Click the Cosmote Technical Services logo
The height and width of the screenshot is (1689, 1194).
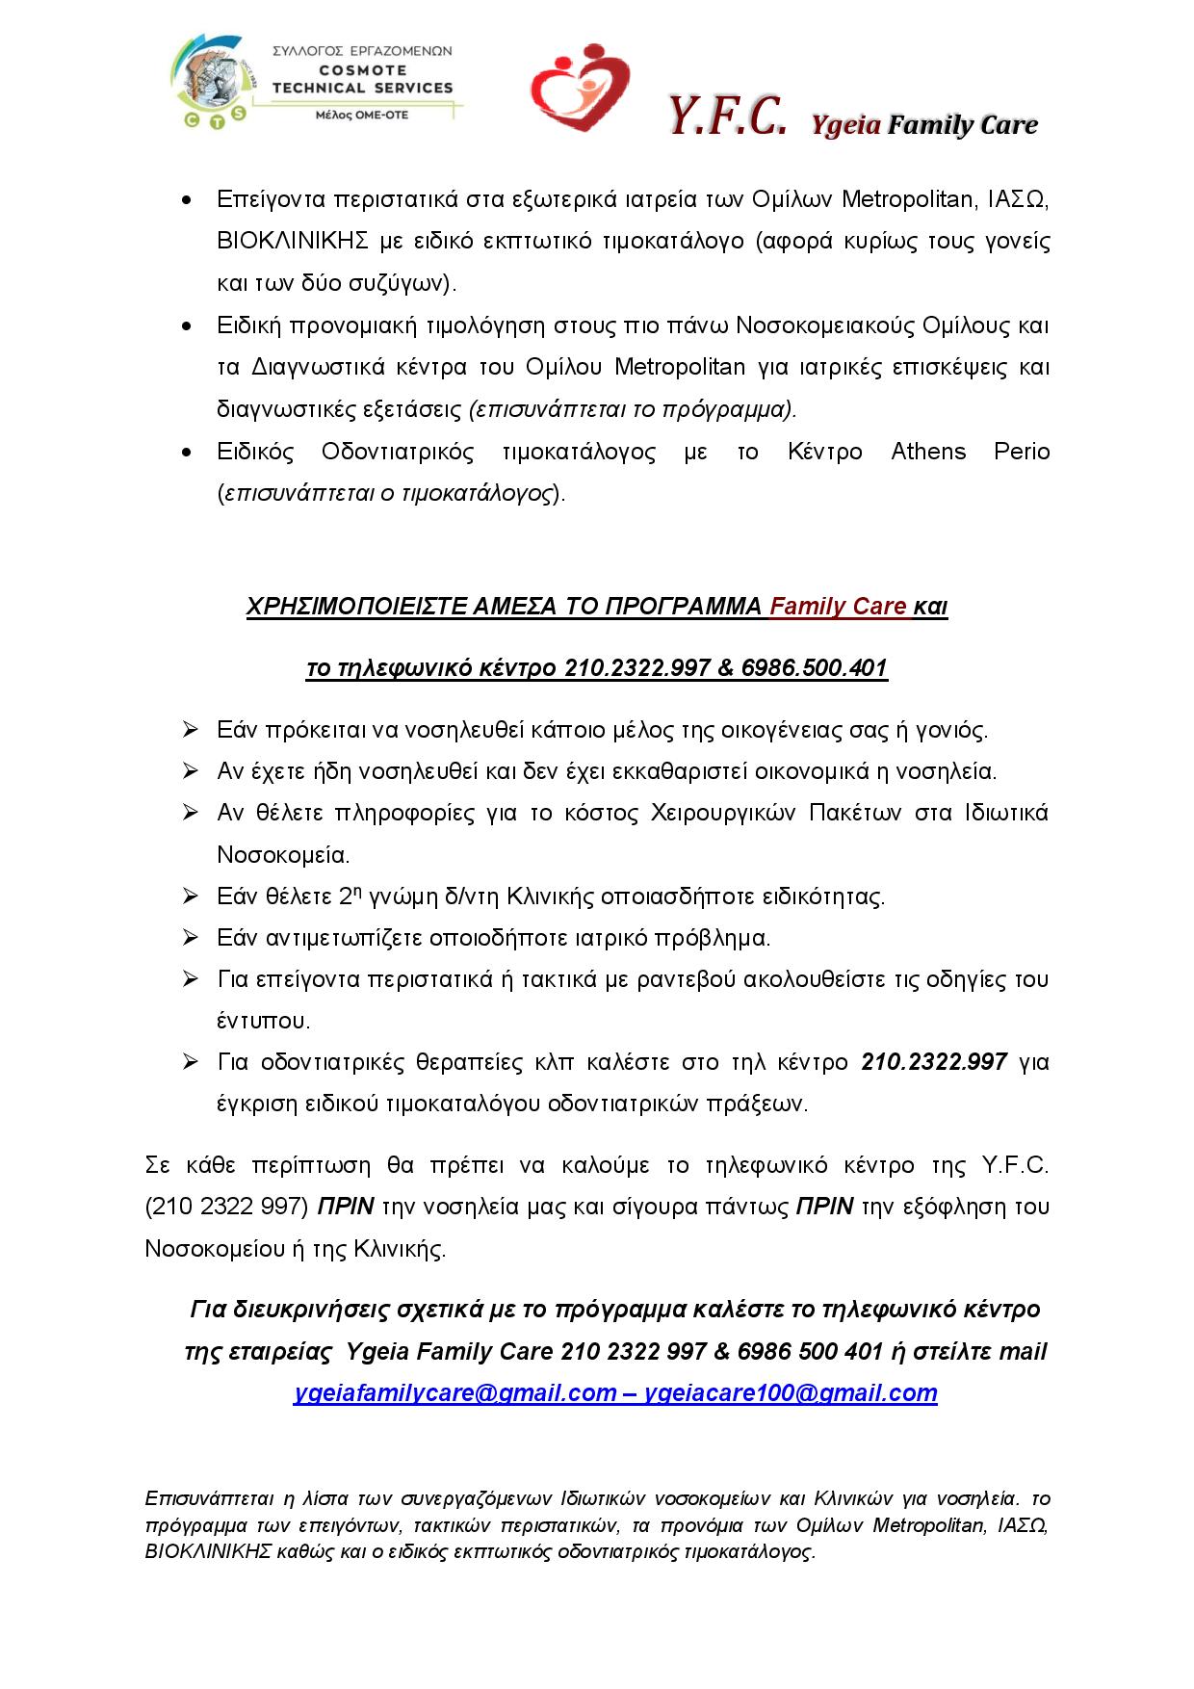pos(312,85)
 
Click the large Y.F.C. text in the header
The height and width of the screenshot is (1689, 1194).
pos(728,119)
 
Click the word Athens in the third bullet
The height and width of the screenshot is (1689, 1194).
pos(928,452)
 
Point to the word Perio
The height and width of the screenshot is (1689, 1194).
pos(1022,452)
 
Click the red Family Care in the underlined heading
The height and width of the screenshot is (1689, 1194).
pos(839,607)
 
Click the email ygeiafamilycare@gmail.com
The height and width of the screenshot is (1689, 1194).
pos(454,1393)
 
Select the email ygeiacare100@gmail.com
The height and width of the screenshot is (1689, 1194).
pos(791,1393)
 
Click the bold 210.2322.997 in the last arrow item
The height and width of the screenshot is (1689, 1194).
pos(934,1062)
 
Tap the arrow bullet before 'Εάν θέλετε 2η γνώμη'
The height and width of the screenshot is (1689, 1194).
pos(190,896)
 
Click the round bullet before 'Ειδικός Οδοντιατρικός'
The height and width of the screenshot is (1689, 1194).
pos(187,453)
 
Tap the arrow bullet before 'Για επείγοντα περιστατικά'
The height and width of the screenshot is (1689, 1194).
pos(190,979)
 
